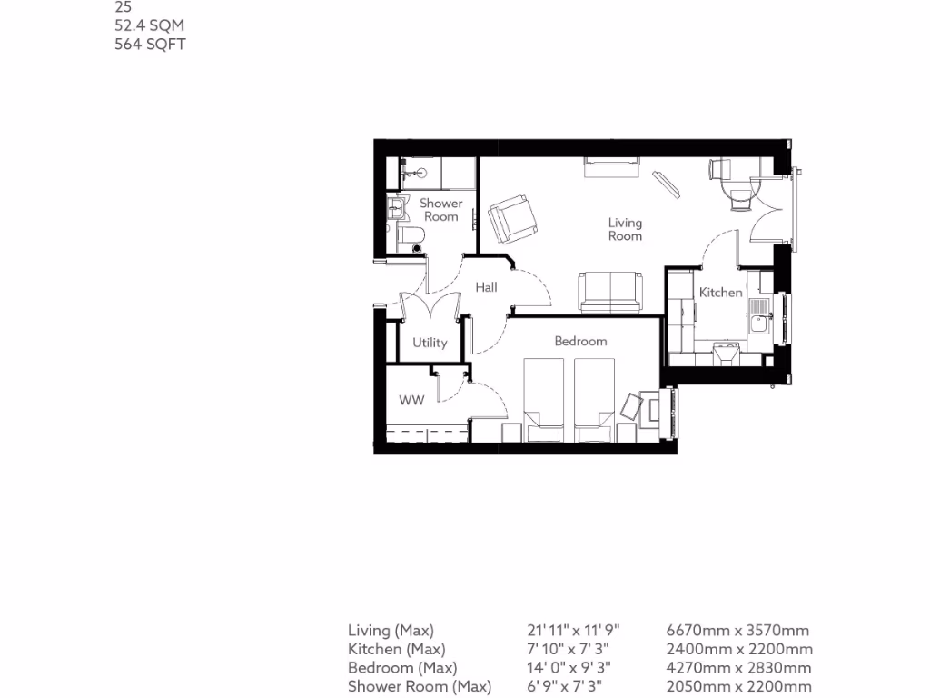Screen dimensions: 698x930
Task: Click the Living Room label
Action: click(x=625, y=229)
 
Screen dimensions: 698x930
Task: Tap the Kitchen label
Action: click(x=720, y=293)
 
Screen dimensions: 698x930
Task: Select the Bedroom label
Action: click(x=580, y=341)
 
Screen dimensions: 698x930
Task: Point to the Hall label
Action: click(x=486, y=287)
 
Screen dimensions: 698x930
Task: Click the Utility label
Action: click(x=430, y=343)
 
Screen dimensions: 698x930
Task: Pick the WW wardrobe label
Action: click(x=411, y=400)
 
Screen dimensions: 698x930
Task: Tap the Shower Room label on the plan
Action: click(x=440, y=210)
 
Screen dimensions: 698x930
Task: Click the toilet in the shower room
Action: click(x=411, y=238)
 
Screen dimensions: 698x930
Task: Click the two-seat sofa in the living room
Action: click(x=611, y=291)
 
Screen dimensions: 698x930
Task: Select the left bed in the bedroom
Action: click(x=543, y=398)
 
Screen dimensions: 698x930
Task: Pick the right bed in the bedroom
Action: click(x=595, y=398)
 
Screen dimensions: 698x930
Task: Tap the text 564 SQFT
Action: click(x=150, y=44)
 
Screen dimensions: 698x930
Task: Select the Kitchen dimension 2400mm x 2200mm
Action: click(x=739, y=649)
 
